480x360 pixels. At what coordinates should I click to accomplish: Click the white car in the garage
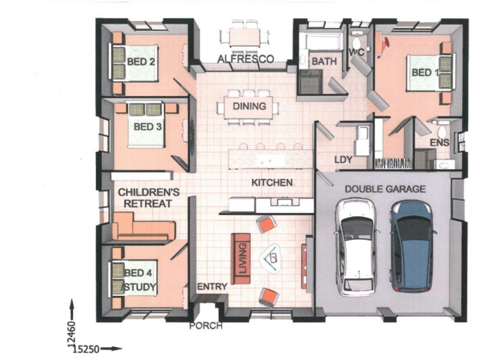356,248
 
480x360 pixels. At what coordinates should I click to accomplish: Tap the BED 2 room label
141,62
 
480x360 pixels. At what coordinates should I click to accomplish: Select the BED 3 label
148,127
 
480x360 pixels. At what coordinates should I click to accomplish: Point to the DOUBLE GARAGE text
385,189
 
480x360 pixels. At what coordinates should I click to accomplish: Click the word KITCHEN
272,183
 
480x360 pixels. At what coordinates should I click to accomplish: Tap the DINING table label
250,106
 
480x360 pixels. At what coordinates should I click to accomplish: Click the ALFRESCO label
245,59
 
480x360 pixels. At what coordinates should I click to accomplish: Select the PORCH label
206,326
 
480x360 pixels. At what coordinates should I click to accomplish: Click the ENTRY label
212,287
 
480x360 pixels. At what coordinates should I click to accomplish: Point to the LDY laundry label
343,160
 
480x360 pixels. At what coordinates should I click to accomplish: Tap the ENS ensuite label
440,142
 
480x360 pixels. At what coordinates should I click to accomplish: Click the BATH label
324,61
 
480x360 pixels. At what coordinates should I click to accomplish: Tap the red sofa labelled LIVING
241,259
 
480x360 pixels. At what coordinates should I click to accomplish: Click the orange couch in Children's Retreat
143,227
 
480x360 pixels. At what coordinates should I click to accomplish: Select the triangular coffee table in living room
271,258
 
